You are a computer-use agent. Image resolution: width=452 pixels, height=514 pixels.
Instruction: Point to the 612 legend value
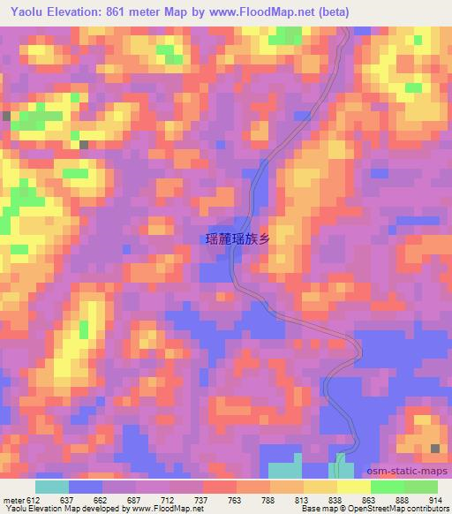33,501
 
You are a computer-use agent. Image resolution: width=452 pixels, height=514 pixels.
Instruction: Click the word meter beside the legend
12,501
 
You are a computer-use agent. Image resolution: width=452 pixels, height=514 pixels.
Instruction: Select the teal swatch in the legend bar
52,487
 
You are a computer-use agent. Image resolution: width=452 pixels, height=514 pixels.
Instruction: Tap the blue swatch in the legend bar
86,487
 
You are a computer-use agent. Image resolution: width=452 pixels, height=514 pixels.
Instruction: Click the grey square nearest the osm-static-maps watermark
436,450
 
